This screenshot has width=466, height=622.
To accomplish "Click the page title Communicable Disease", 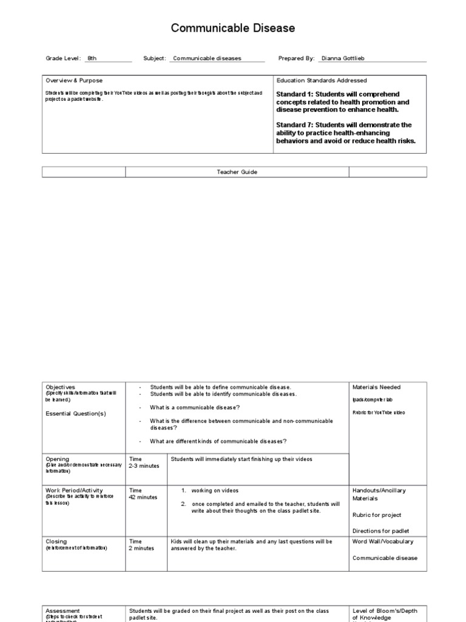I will click(x=233, y=28).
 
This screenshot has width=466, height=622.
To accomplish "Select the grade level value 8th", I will click(x=92, y=58).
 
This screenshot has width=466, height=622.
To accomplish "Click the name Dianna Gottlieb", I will click(x=343, y=58).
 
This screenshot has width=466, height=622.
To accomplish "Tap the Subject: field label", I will click(x=155, y=58).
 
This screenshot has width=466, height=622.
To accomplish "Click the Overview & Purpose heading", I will click(x=74, y=80).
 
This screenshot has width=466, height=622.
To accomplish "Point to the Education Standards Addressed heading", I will click(x=322, y=80).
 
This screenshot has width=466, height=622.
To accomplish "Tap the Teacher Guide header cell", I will click(x=237, y=172).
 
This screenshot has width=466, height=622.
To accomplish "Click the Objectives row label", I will click(x=61, y=387).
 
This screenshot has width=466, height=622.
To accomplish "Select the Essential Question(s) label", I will click(x=76, y=413).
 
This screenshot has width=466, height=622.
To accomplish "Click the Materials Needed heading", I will click(x=376, y=387).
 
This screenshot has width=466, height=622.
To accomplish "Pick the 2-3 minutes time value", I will click(x=143, y=466).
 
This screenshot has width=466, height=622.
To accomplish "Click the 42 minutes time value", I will click(x=143, y=497).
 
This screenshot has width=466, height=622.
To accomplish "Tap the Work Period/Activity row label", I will click(x=74, y=490).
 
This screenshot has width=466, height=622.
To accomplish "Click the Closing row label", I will click(x=56, y=541).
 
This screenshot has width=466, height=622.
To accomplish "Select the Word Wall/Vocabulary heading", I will click(x=383, y=541).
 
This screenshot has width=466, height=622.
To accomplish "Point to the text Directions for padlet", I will click(x=381, y=531).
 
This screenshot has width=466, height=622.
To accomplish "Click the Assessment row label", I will click(x=62, y=610).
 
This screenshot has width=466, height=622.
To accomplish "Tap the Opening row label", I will click(x=58, y=459).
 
